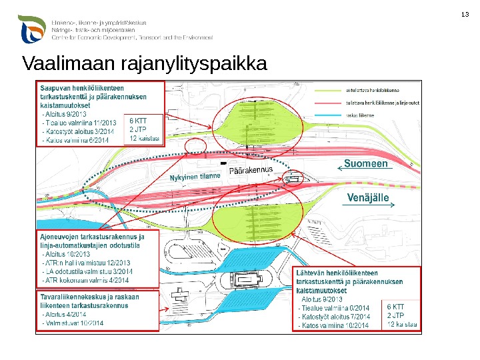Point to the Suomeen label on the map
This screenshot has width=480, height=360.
coord(366,163)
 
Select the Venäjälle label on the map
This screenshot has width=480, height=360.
coord(367,197)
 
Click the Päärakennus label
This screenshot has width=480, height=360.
coord(251,172)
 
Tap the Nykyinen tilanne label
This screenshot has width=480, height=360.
coord(195,177)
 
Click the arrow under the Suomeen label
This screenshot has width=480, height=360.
coord(367,171)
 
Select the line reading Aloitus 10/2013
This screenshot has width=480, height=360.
coord(67,254)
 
